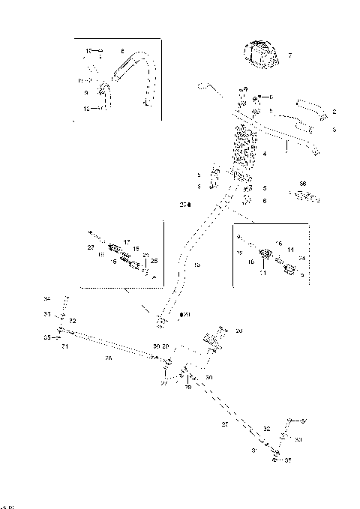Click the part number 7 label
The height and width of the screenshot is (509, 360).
[290, 55]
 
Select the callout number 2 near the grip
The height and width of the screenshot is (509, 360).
[334, 112]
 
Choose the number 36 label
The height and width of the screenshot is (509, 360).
[303, 183]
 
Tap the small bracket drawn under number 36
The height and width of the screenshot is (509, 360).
[301, 196]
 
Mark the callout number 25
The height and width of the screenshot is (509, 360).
[154, 261]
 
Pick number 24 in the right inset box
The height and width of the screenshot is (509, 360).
[301, 259]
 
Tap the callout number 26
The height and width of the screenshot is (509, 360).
[238, 331]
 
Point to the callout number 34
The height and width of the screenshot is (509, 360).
[46, 298]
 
